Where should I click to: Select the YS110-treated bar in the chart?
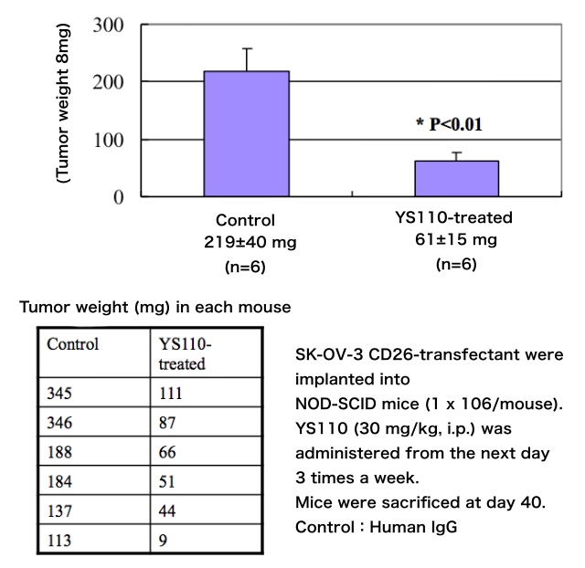pyautogui.click(x=457, y=178)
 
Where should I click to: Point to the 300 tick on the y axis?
pyautogui.click(x=108, y=25)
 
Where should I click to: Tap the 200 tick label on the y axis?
pyautogui.click(x=108, y=81)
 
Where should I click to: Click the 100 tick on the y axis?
pyautogui.click(x=108, y=139)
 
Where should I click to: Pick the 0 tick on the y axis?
pyautogui.click(x=119, y=196)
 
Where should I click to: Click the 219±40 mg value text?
pyautogui.click(x=245, y=243)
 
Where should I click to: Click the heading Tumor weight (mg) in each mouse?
pyautogui.click(x=155, y=308)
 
